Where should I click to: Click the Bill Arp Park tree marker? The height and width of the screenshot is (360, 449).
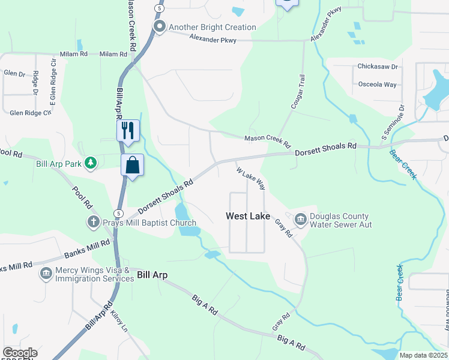click(x=90, y=163)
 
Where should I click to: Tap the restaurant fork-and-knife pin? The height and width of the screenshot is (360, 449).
click(x=128, y=130)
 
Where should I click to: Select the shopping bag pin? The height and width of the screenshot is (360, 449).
click(x=132, y=166)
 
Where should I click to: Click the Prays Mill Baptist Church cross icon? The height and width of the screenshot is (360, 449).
click(x=93, y=222)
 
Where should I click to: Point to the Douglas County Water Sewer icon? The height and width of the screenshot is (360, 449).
click(x=300, y=221)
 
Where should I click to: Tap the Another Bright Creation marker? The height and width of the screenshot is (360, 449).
click(x=159, y=27)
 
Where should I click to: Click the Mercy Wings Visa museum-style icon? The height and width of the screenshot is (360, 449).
click(x=46, y=274)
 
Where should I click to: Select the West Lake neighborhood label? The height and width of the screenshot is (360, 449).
click(x=248, y=216)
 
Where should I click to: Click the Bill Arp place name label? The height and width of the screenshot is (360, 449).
click(x=152, y=275)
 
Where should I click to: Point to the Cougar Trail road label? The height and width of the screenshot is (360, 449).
click(x=298, y=91)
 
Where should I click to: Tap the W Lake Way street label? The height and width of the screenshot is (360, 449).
click(x=251, y=178)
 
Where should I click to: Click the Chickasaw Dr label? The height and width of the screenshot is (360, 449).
click(x=378, y=67)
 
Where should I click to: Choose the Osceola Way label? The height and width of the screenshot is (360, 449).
click(x=377, y=85)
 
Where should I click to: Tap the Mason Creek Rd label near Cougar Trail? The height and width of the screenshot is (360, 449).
click(x=267, y=142)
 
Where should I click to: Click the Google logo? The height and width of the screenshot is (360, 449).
click(x=19, y=353)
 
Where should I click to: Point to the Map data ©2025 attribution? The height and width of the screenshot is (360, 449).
click(x=423, y=355)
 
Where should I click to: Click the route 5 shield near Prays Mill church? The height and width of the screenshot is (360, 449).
click(x=118, y=213)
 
